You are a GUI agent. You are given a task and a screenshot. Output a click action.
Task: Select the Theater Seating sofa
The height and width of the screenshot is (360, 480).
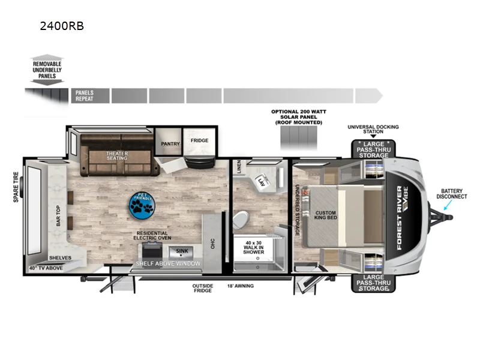pyautogui.click(x=117, y=158)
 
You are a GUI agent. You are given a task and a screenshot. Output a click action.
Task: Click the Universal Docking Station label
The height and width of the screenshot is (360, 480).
pyautogui.click(x=373, y=130)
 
